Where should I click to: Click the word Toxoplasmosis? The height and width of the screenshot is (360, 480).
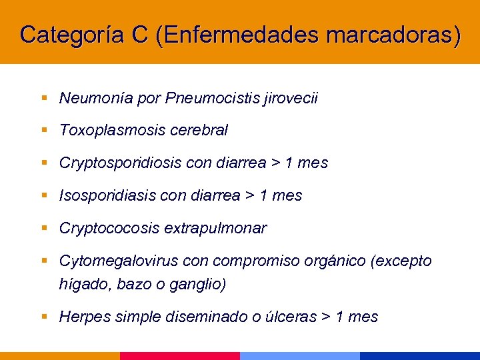tap(111, 131)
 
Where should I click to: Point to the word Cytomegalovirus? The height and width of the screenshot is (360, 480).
tap(119, 261)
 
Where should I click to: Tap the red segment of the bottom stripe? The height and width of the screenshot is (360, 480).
tap(180, 356)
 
